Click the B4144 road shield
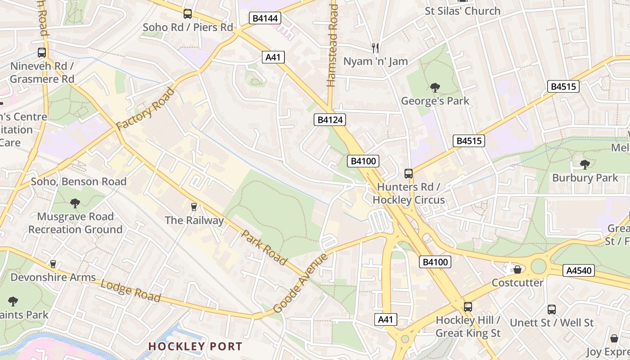pyautogui.click(x=265, y=18)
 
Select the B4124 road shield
pyautogui.click(x=330, y=120)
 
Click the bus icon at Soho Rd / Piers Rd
pyautogui.click(x=188, y=14)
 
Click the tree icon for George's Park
pyautogui.click(x=435, y=87)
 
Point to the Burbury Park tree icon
pyautogui.click(x=585, y=164)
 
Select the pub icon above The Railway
pyautogui.click(x=194, y=207)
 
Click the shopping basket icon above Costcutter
pyautogui.click(x=517, y=270)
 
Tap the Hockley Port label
pyautogui.click(x=195, y=346)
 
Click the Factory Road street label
pyautogui.click(x=145, y=109)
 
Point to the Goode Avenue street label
pyautogui.click(x=301, y=283)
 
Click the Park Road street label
pyautogui.click(x=264, y=247)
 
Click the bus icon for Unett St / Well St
pyautogui.click(x=552, y=310)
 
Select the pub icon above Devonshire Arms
pyautogui.click(x=53, y=264)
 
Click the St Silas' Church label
pyautogui.click(x=463, y=11)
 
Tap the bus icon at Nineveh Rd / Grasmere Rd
pyautogui.click(x=42, y=53)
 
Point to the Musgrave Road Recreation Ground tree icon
pyautogui.click(x=75, y=203)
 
